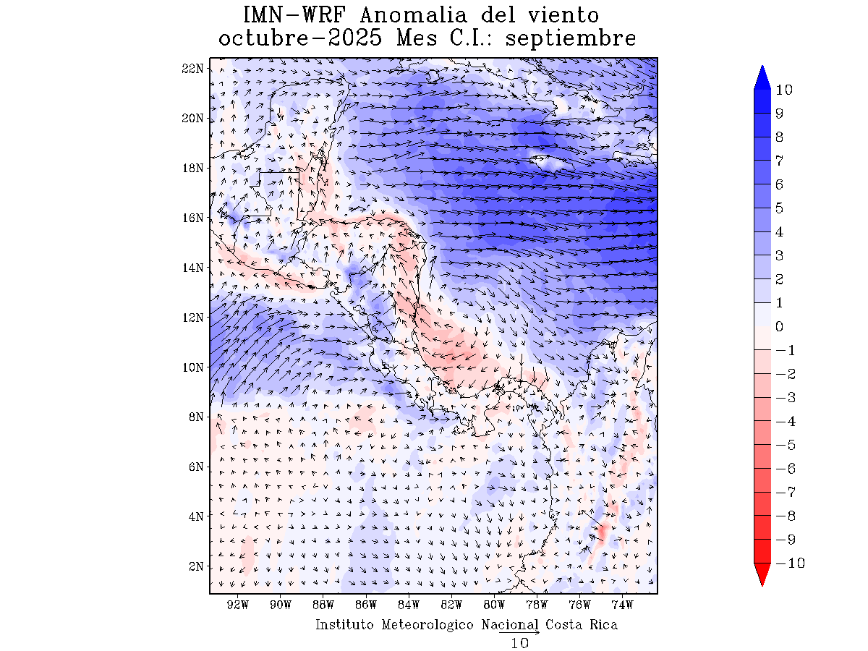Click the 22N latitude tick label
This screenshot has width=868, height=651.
[x=192, y=68]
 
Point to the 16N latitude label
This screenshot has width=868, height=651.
[x=192, y=218]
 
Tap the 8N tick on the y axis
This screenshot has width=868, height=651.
[x=195, y=417]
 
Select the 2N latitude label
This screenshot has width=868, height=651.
[x=195, y=566]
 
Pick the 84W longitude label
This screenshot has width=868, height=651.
[x=409, y=605]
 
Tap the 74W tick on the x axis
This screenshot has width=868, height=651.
[x=622, y=605]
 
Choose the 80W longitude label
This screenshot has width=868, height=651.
[x=494, y=605]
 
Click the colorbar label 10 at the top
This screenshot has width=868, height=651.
[x=783, y=90]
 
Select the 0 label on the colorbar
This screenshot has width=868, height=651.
[x=780, y=326]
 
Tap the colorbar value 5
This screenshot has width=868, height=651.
[x=780, y=208]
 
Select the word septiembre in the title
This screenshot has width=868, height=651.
[x=571, y=38]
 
